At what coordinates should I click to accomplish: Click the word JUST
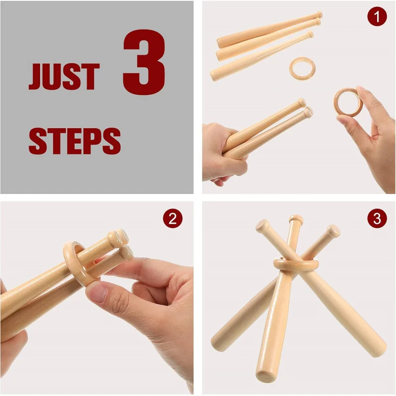[64, 76]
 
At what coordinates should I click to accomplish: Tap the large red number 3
[144, 62]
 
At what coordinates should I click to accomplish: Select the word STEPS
[75, 141]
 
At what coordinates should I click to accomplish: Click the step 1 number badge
[377, 16]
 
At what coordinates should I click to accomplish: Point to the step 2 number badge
[172, 218]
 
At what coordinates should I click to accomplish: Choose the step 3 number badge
[377, 218]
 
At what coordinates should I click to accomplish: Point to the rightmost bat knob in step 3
[333, 231]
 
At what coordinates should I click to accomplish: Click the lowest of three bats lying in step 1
[260, 57]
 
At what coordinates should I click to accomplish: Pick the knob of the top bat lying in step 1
[319, 15]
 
